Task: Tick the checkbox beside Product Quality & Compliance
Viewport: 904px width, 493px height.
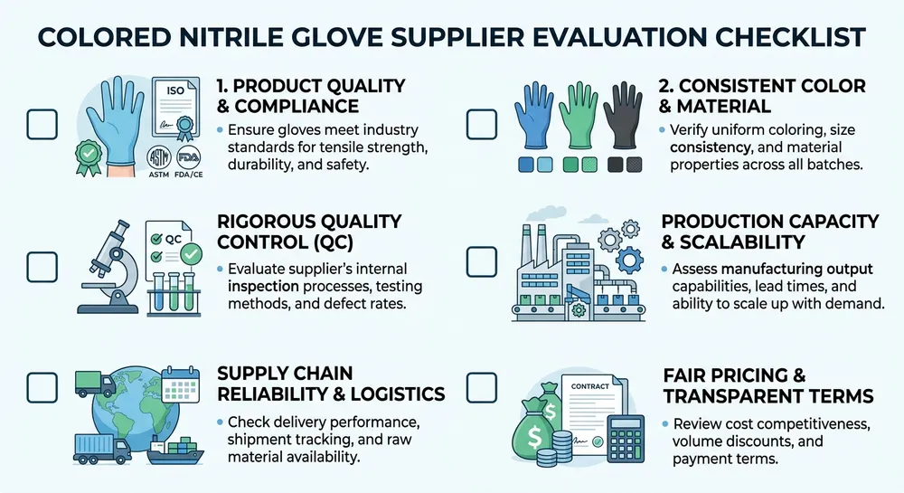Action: [x=42, y=124]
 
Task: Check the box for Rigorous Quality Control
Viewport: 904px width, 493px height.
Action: [x=42, y=266]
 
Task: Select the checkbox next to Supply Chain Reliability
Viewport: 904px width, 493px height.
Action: [x=42, y=386]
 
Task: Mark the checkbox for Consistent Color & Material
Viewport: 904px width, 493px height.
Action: [x=480, y=124]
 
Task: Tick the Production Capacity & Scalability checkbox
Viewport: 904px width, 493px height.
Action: [x=480, y=262]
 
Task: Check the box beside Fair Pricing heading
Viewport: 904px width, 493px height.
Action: [x=480, y=387]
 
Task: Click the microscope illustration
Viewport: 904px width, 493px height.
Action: [x=108, y=262]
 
